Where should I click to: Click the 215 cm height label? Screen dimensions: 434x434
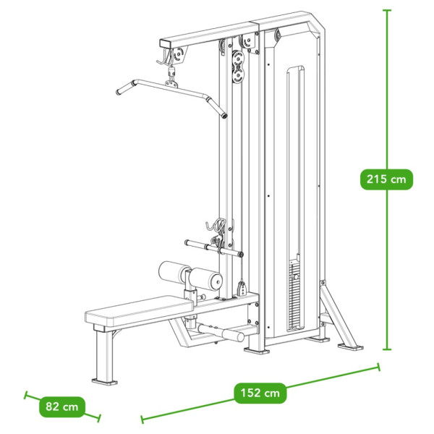pos(386,179)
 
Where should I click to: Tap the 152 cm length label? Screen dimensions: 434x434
pos(260,393)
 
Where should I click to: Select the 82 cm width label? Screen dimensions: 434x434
pos(62,407)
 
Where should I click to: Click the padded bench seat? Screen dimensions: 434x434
pos(139,310)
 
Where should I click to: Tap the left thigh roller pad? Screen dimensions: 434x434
pos(171,271)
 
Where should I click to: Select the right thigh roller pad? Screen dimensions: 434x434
pos(206,279)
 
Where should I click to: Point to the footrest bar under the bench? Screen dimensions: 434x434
pos(221,333)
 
